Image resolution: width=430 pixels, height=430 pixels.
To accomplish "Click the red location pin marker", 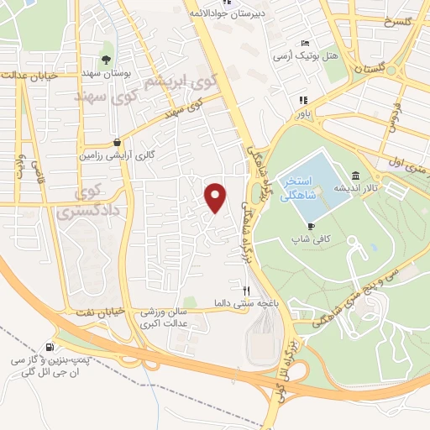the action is click(x=216, y=197).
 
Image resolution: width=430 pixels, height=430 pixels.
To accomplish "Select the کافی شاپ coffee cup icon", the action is click(x=311, y=227).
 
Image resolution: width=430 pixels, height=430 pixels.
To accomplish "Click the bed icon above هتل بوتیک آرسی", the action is click(x=305, y=44).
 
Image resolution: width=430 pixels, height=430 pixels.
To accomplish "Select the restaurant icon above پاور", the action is click(x=300, y=99).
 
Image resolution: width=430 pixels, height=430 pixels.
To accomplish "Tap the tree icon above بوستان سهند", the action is click(x=106, y=59).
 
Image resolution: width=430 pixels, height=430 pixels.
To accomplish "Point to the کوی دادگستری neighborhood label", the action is click(x=77, y=202).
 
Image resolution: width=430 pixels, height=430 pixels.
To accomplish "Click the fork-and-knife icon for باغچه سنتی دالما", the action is click(x=245, y=313).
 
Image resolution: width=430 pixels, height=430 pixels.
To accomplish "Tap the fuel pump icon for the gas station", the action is click(x=53, y=347).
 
